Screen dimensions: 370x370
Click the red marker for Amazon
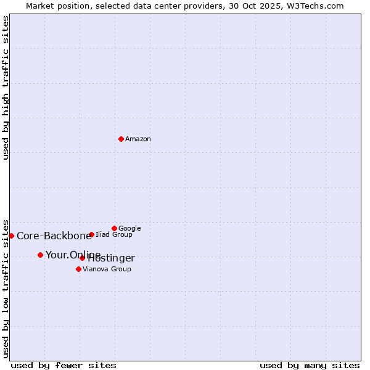[x=121, y=139]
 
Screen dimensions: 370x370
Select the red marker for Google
[x=114, y=228]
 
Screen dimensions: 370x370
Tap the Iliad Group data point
[x=91, y=234]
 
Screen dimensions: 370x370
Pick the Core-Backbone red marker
[x=11, y=236]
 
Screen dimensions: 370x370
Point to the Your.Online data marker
[x=40, y=255]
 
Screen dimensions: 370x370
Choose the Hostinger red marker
[x=82, y=258]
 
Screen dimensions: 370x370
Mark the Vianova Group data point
[x=78, y=269]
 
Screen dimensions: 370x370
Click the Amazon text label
[x=138, y=139]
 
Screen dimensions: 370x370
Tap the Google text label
[x=129, y=229]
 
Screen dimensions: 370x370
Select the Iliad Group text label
[x=114, y=235]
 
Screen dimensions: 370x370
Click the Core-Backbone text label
[x=54, y=236]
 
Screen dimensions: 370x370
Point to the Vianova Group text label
[x=107, y=269]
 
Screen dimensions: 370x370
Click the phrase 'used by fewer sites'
[x=64, y=365]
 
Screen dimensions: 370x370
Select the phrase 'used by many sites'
[x=310, y=365]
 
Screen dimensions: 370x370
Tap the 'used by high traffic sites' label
[x=6, y=88]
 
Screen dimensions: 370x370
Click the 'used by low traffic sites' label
[x=6, y=288]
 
